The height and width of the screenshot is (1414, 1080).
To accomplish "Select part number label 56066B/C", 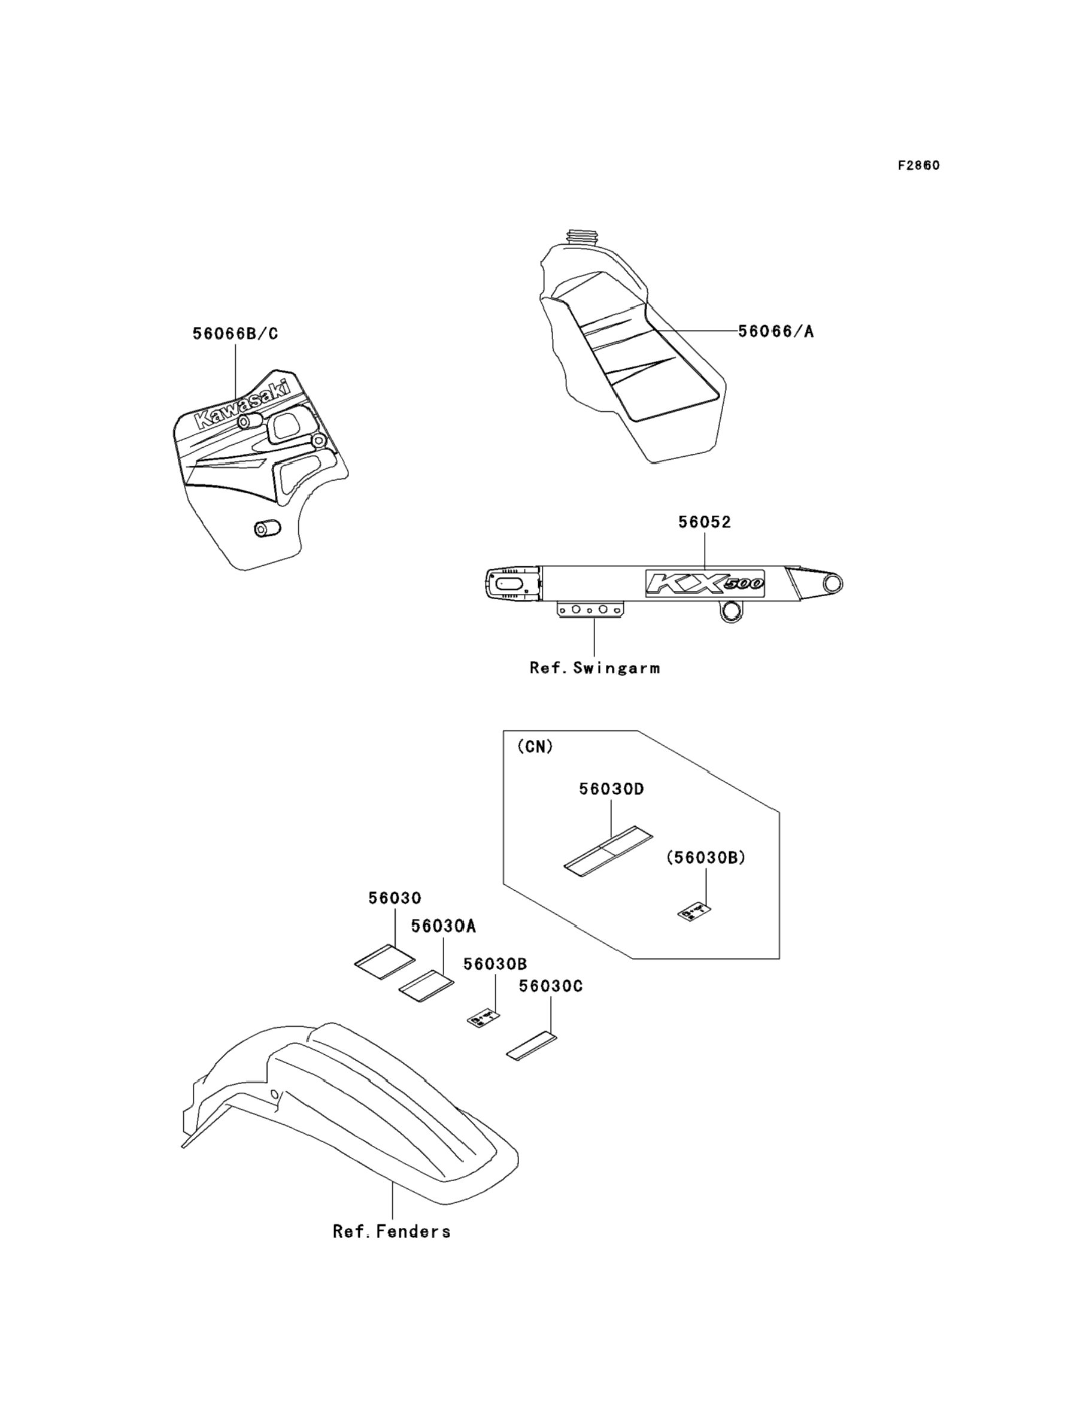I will (x=235, y=334).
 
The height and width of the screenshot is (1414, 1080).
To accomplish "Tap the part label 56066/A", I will (x=775, y=332).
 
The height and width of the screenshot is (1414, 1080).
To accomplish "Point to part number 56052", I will (x=705, y=523).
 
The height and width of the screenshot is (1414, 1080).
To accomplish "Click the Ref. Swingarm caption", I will (x=594, y=669).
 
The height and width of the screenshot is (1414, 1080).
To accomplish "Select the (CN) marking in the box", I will (x=535, y=747).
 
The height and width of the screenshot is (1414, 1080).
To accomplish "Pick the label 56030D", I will (x=611, y=788).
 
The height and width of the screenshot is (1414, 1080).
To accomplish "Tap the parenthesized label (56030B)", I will (x=705, y=857).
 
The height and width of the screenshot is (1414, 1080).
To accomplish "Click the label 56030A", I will (x=444, y=926).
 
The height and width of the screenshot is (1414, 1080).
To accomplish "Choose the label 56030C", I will (x=550, y=986).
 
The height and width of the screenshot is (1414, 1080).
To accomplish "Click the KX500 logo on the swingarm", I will (x=705, y=583).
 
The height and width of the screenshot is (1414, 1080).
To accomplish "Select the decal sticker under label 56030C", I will (x=532, y=1046).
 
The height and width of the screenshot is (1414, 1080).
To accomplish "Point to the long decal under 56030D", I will (x=608, y=849).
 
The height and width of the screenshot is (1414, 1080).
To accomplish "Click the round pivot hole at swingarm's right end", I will (x=833, y=584).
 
